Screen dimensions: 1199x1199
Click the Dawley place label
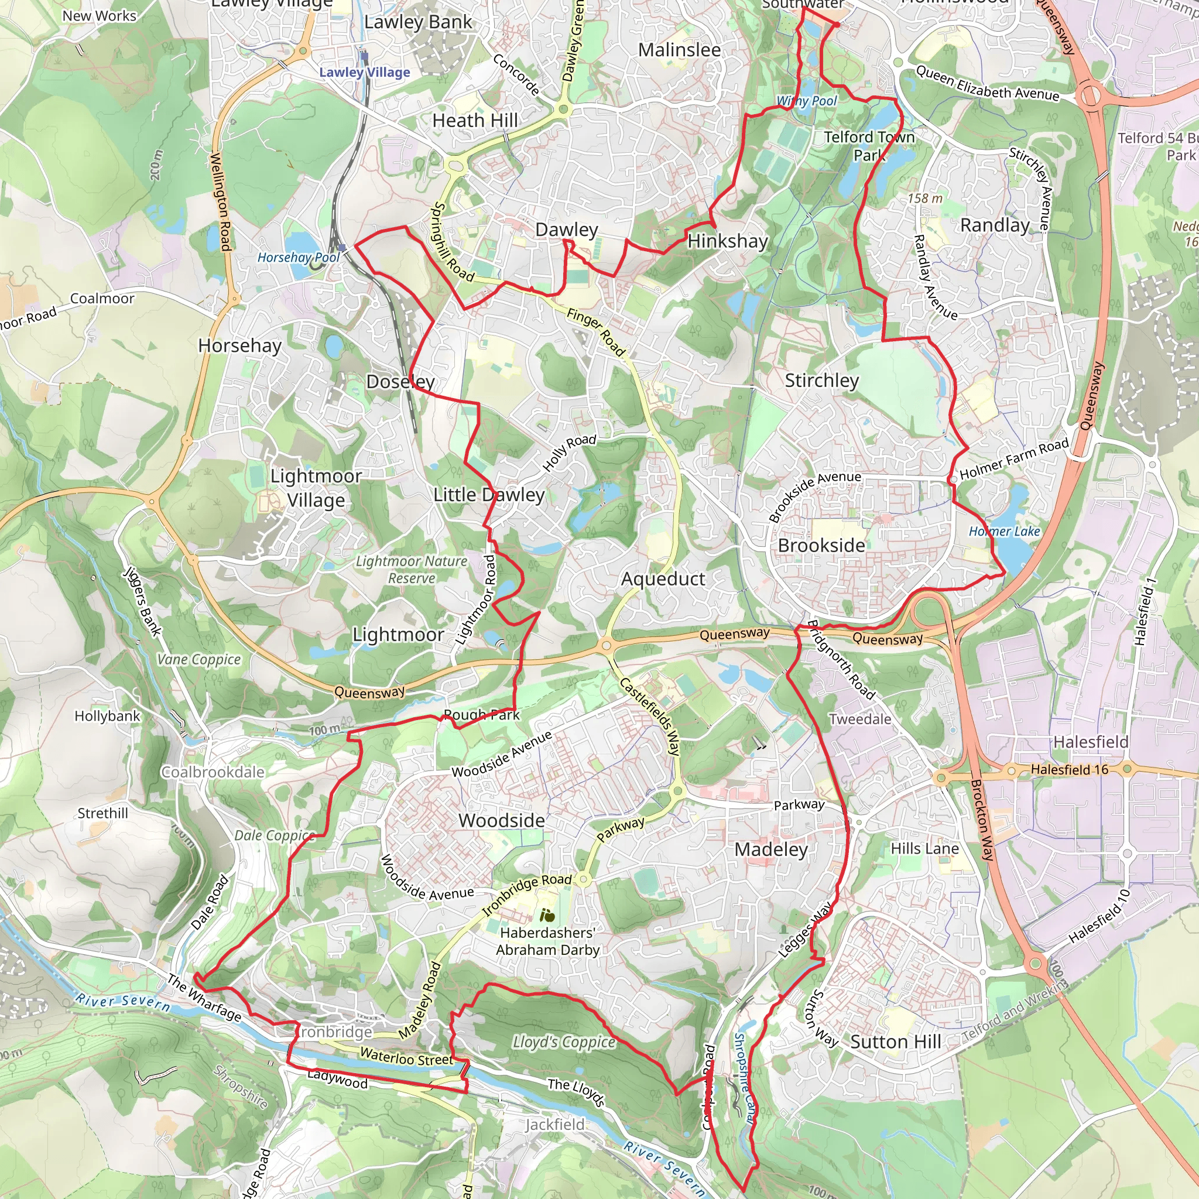pyautogui.click(x=566, y=229)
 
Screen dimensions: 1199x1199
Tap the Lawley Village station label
pyautogui.click(x=364, y=72)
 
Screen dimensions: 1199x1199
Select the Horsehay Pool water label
pyautogui.click(x=299, y=257)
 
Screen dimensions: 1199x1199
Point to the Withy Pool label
pyautogui.click(x=806, y=101)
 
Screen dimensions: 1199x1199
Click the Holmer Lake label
pyautogui.click(x=1003, y=531)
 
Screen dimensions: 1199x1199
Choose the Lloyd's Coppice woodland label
pyautogui.click(x=564, y=1042)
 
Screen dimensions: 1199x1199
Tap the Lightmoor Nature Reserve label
pyautogui.click(x=412, y=569)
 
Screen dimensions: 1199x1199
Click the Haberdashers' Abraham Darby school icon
pyautogui.click(x=547, y=915)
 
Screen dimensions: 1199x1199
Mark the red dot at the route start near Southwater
pyautogui.click(x=837, y=25)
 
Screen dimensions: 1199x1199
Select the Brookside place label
pyautogui.click(x=821, y=546)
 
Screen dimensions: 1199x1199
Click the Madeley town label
pyautogui.click(x=771, y=849)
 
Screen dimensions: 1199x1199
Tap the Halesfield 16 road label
pyautogui.click(x=1069, y=769)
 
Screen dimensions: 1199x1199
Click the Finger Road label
pyautogui.click(x=595, y=333)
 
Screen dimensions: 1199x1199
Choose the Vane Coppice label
pyautogui.click(x=198, y=659)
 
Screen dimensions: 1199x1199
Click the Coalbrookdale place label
pyautogui.click(x=213, y=772)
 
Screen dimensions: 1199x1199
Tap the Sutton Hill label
pyautogui.click(x=895, y=1042)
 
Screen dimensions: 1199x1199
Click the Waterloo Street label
pyautogui.click(x=406, y=1057)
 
